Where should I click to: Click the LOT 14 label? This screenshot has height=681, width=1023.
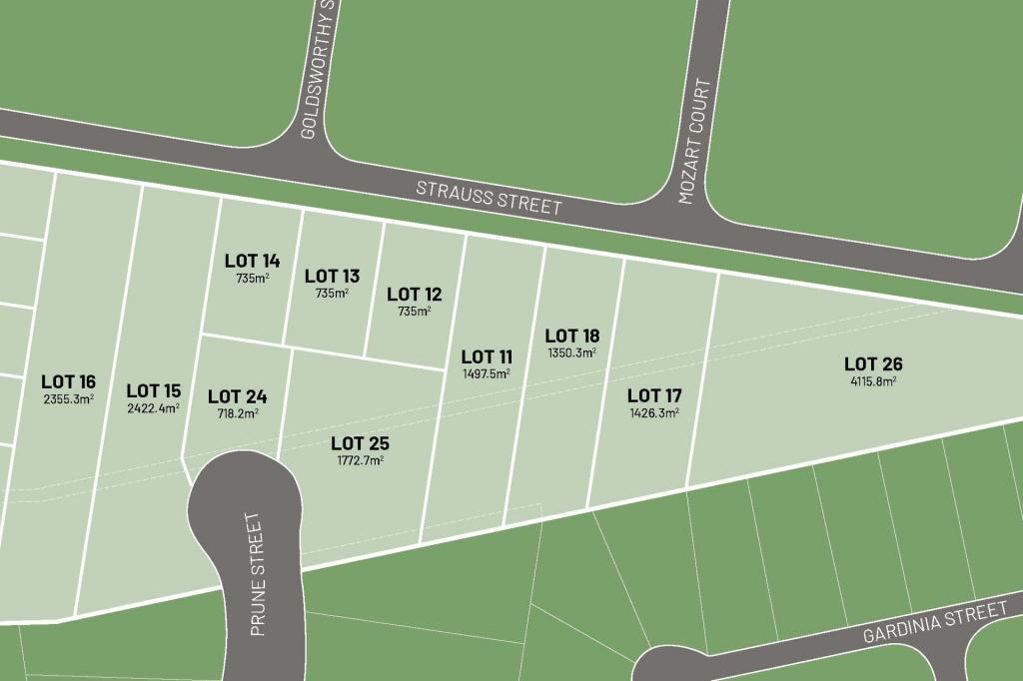[x=252, y=261]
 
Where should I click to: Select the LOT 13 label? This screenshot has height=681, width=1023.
[x=332, y=276]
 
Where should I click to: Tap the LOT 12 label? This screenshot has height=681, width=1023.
[x=414, y=294]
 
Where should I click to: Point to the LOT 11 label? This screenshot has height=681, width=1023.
[x=487, y=356]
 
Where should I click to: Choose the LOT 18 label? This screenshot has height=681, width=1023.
[x=572, y=336]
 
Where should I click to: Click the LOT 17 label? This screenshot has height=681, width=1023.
[x=654, y=396]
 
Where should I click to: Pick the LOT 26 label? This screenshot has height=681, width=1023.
[x=873, y=363]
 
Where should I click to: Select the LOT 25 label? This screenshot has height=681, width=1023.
[x=360, y=443]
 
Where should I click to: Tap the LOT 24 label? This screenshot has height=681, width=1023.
[x=237, y=396]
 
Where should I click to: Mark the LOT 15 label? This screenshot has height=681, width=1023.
[x=154, y=390]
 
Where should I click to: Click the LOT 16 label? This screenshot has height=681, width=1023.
[x=68, y=381]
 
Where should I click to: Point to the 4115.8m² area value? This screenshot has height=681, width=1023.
[x=873, y=380]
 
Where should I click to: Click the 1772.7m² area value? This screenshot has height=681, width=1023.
[x=360, y=460]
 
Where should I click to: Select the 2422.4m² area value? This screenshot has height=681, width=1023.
[x=154, y=407]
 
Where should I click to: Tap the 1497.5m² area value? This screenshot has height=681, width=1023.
[x=487, y=373]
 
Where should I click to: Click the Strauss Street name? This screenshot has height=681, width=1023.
[x=489, y=197]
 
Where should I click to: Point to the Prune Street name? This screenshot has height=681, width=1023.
[x=257, y=576]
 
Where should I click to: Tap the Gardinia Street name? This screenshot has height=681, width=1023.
[x=935, y=622]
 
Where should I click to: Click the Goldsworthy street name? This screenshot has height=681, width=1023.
[x=319, y=70]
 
